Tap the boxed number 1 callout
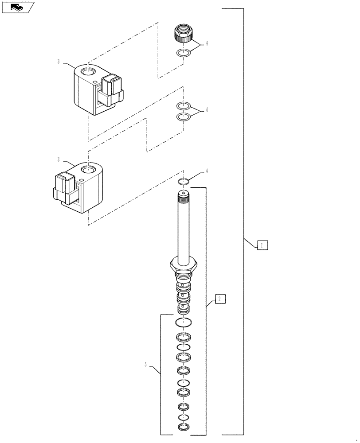click(262, 245)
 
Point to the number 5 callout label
click(146, 365)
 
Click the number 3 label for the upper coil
click(59, 62)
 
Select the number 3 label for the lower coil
click(59, 159)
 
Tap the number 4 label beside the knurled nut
click(206, 43)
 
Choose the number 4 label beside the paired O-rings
click(206, 110)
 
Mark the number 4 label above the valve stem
click(206, 171)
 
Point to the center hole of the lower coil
click(88, 170)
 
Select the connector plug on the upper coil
click(112, 88)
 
